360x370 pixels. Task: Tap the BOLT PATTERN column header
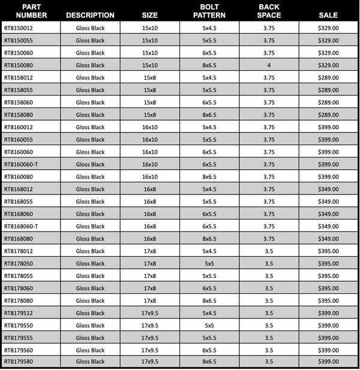(209, 11)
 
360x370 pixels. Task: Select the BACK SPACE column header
(269, 11)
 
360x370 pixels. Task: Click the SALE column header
(328, 14)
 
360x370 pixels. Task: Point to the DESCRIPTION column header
(90, 15)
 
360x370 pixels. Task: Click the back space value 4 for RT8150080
(269, 65)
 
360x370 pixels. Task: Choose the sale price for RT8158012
(328, 78)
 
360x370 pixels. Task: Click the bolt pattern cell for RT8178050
(209, 263)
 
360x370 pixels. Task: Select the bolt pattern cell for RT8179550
(209, 325)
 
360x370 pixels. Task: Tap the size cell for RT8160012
(150, 127)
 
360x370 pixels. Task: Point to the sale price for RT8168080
(328, 239)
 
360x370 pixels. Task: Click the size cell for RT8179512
(150, 312)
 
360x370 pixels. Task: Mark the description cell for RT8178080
(90, 300)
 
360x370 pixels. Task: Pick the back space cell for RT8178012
(269, 251)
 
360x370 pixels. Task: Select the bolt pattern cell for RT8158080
(209, 115)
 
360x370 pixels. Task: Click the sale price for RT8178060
(328, 288)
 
